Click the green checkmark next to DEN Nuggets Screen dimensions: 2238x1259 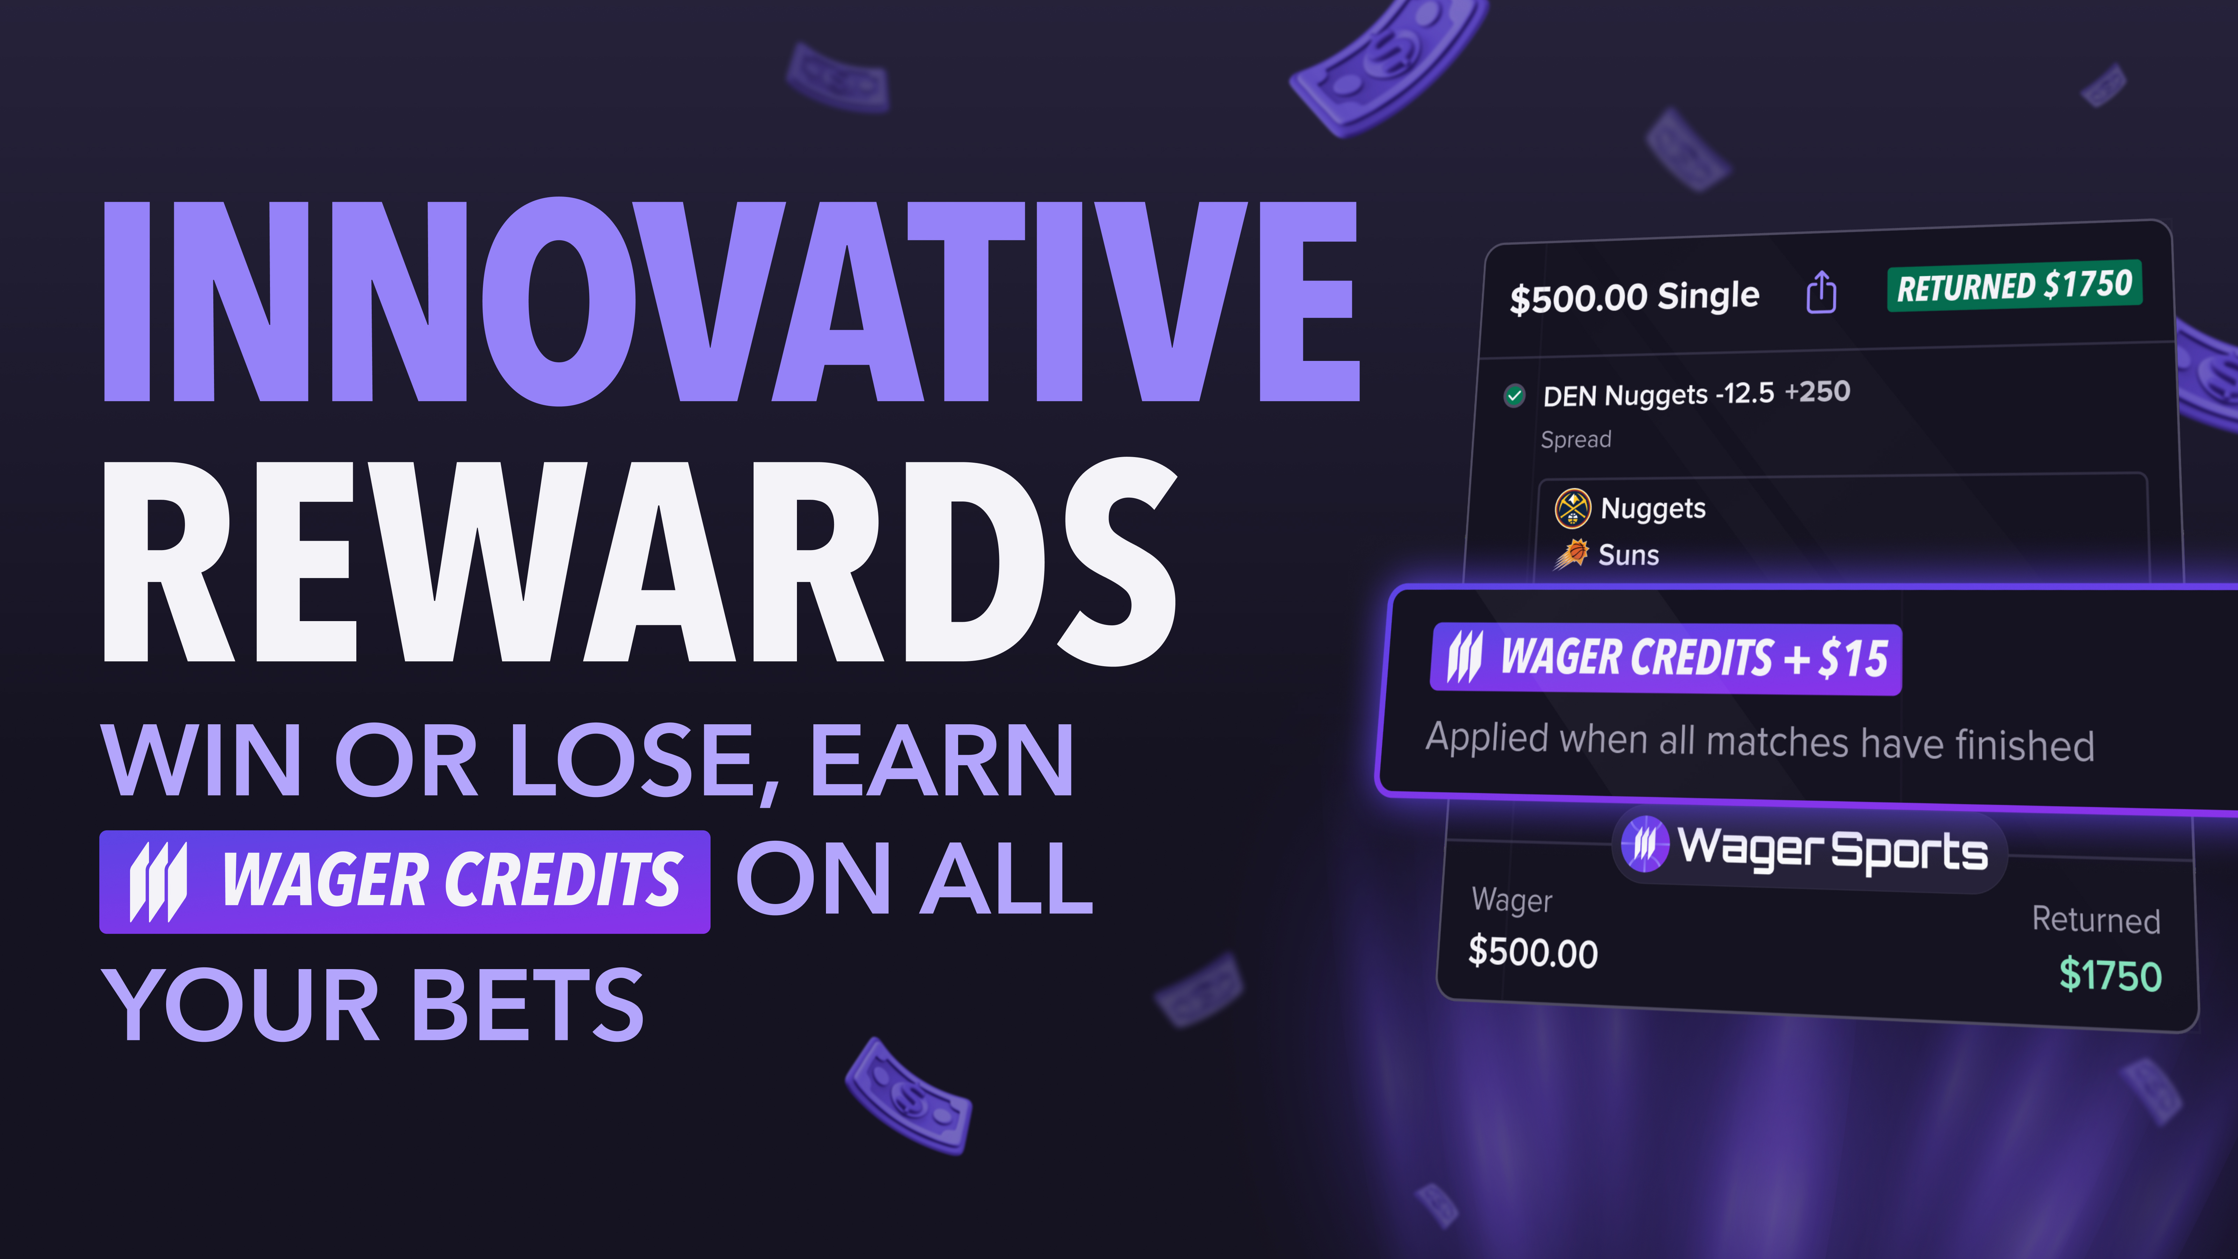point(1514,396)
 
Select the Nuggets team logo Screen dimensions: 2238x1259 point(1573,508)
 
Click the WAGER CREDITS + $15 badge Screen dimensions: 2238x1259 point(1666,659)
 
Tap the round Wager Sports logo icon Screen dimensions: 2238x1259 point(1645,843)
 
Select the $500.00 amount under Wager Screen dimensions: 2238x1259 point(1533,952)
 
